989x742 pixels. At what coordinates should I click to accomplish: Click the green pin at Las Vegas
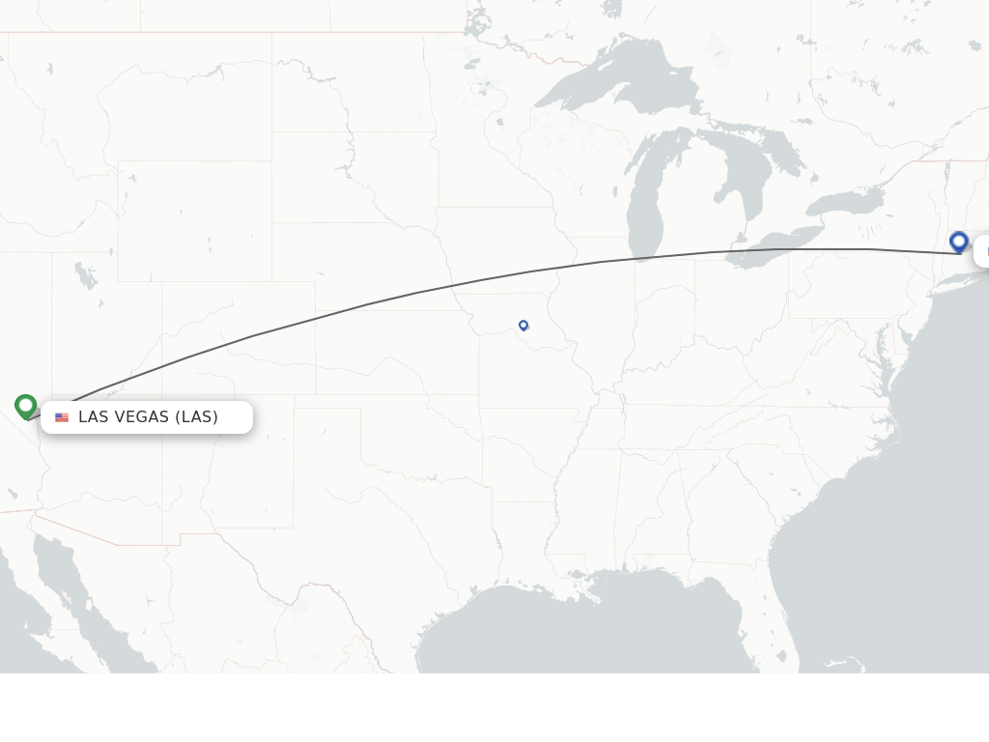26,406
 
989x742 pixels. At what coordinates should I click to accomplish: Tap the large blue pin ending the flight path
959,242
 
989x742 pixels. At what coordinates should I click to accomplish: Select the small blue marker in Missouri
523,326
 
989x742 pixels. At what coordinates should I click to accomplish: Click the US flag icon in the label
62,417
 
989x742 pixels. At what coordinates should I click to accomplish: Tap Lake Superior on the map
618,77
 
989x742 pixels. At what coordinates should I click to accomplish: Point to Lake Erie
773,246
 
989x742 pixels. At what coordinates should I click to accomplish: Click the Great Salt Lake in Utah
86,276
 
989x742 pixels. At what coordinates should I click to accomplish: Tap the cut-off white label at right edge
982,251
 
